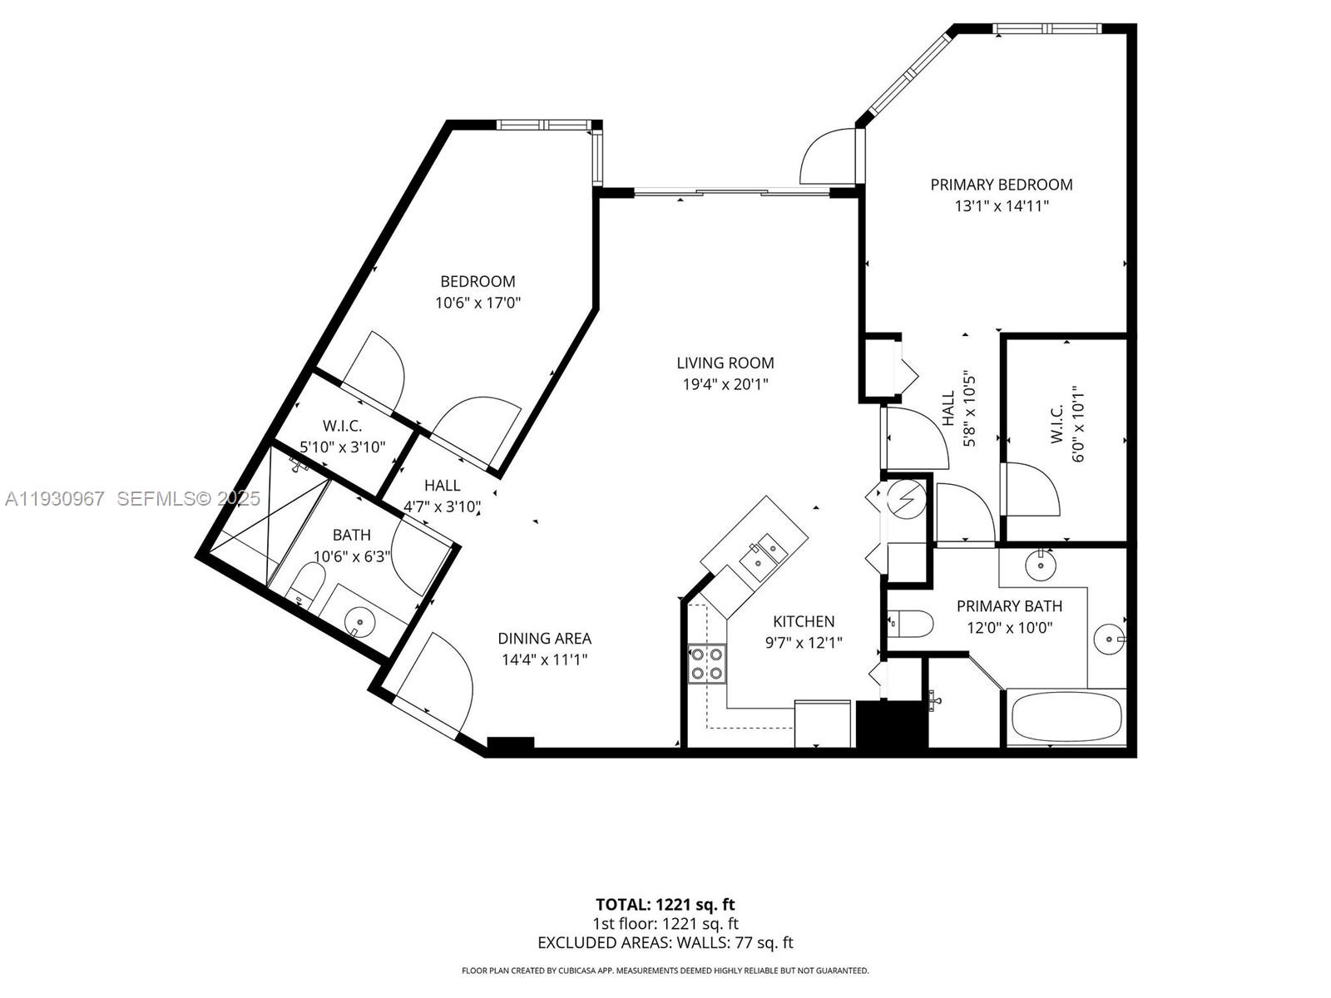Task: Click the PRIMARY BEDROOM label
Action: [1001, 185]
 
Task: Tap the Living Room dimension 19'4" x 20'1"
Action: [725, 384]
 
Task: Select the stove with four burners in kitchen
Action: [707, 664]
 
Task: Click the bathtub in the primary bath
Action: [1066, 717]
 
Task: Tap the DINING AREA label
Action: [544, 638]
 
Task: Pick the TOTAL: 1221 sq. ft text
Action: [665, 904]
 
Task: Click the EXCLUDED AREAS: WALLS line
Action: [665, 942]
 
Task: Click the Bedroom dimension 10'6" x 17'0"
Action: [477, 303]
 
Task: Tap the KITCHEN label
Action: [803, 621]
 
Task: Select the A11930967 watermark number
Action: [55, 499]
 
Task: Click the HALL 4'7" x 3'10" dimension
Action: [442, 506]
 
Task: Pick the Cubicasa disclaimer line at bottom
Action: [665, 971]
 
